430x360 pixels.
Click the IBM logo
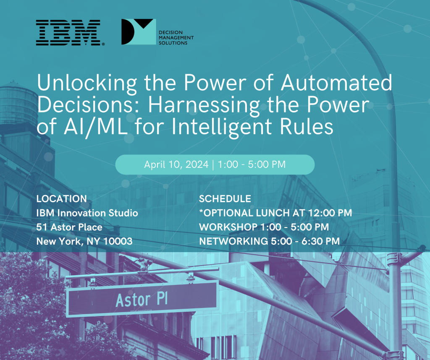click(x=70, y=33)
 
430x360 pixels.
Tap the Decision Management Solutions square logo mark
click(x=139, y=32)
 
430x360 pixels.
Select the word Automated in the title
click(x=336, y=82)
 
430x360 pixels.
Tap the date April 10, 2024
click(x=176, y=164)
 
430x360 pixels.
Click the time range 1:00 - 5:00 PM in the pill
click(x=252, y=164)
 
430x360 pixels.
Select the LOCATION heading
click(x=61, y=198)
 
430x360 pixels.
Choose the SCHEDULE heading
click(x=225, y=198)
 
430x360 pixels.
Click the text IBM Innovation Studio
click(x=87, y=213)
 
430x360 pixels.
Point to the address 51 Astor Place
click(x=69, y=227)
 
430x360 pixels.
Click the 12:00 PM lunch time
click(x=330, y=213)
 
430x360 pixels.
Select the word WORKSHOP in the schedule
click(x=228, y=227)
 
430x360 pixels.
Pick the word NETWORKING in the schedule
click(x=233, y=241)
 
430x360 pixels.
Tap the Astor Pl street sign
click(x=142, y=299)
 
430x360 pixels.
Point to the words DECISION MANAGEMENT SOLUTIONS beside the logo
click(x=176, y=37)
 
